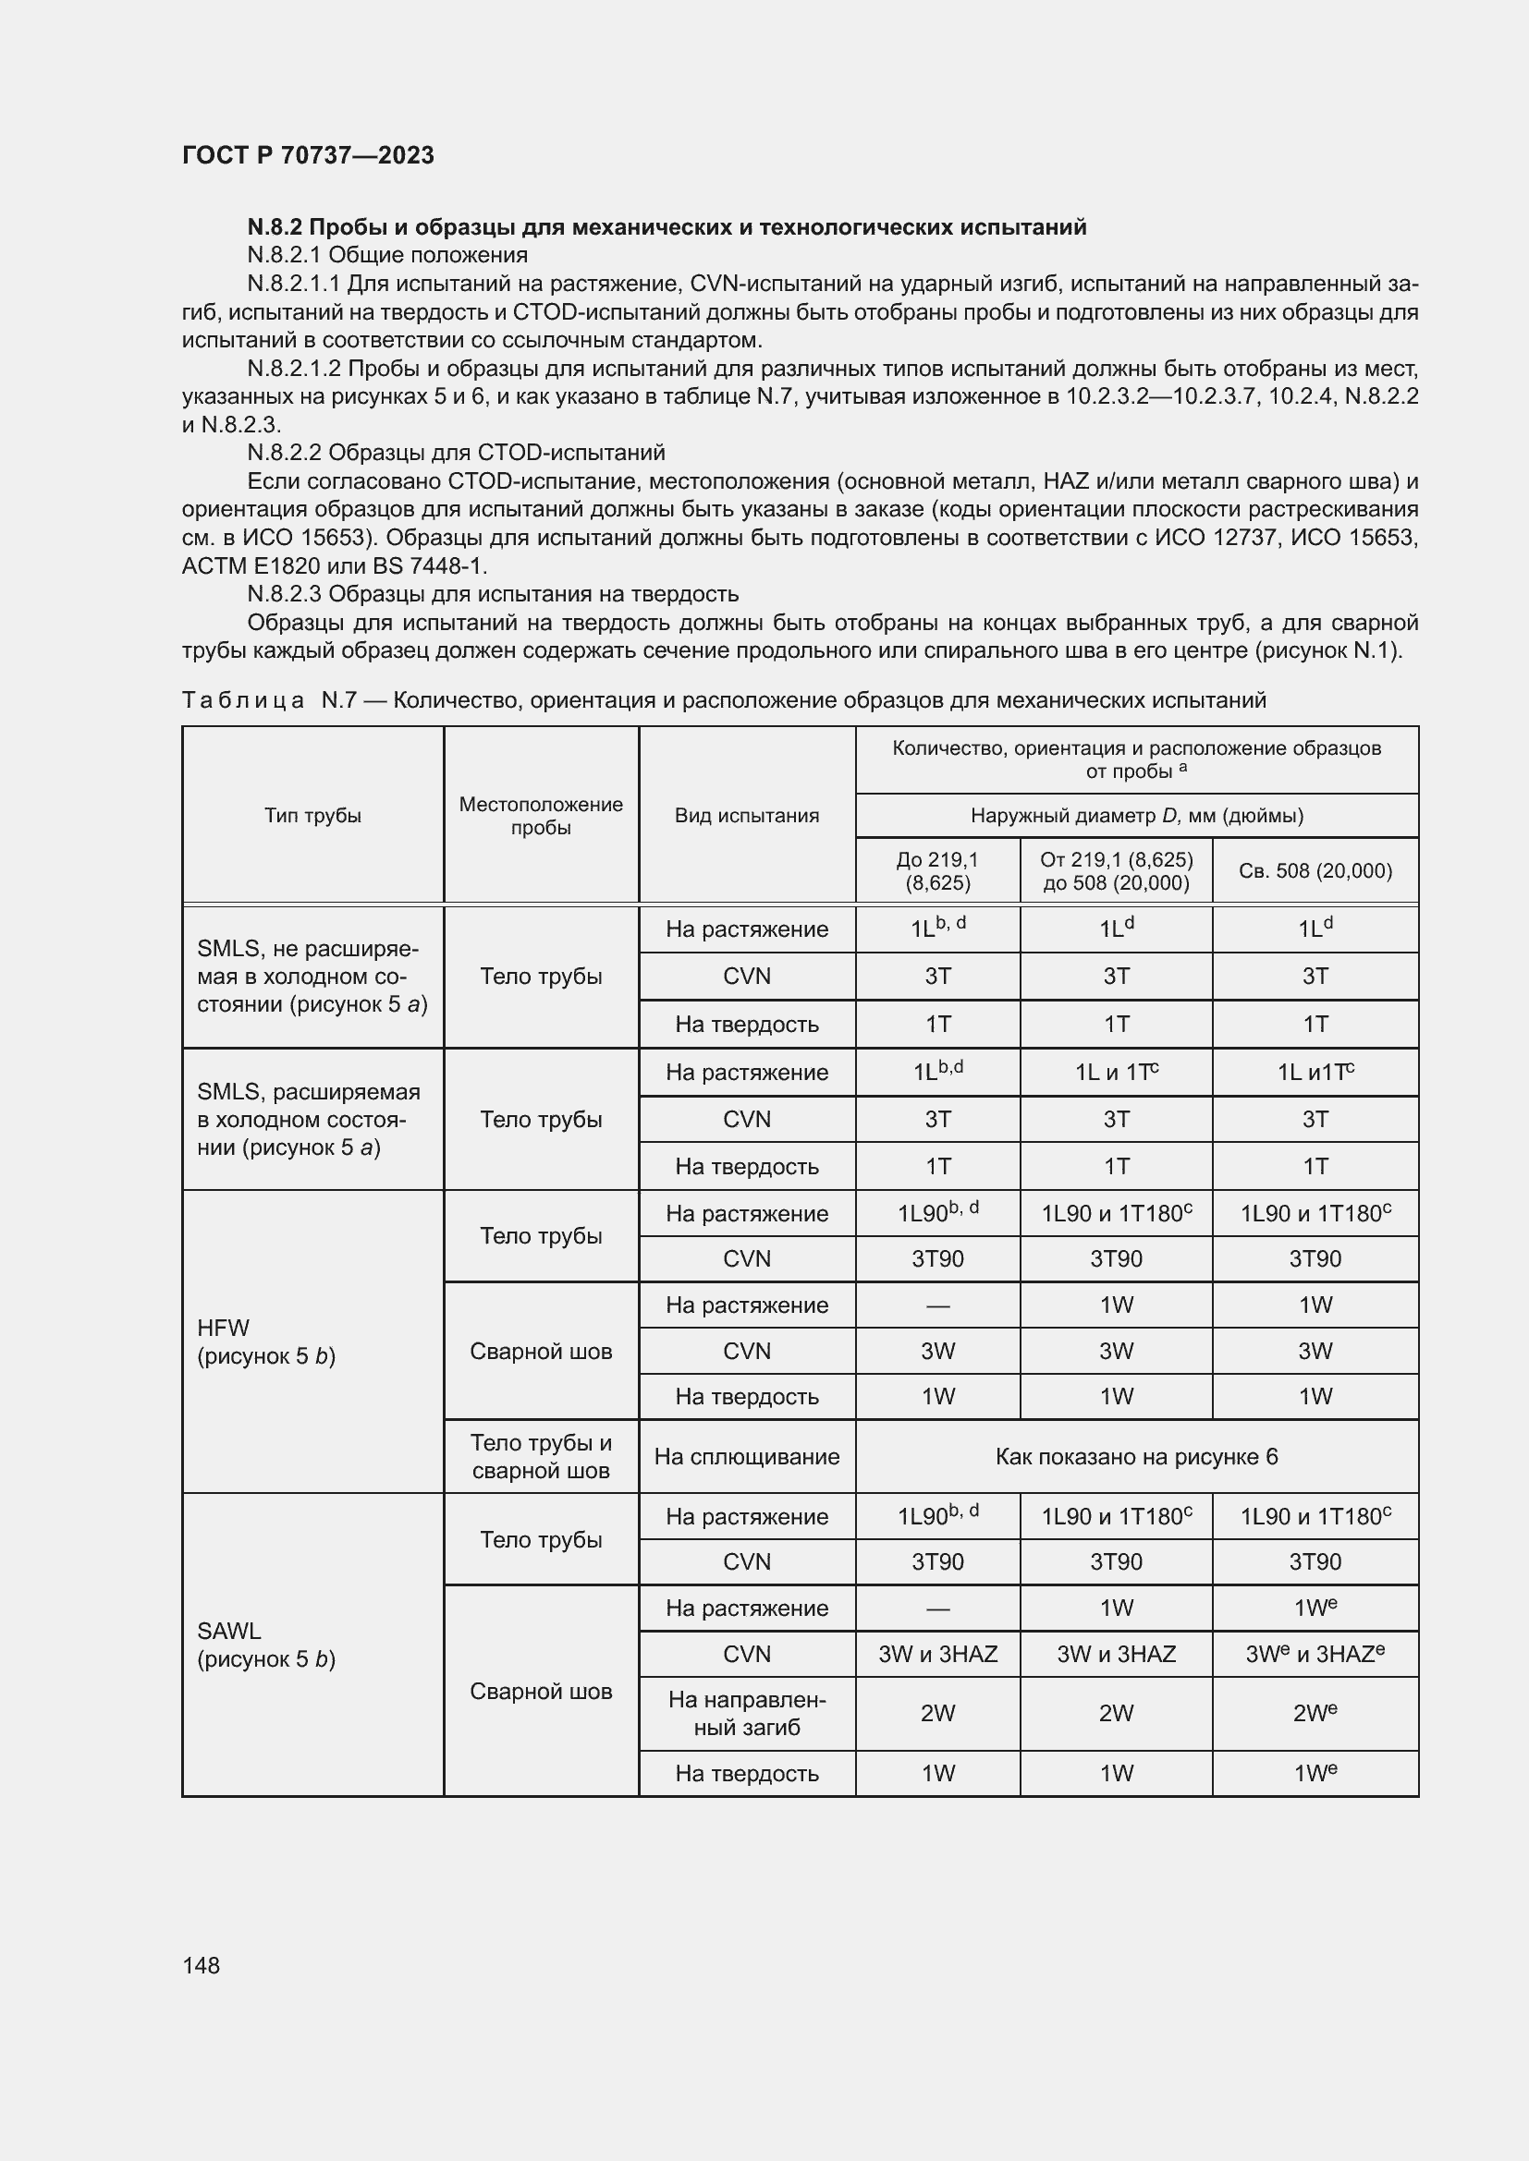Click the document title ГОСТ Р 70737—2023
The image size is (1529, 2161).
pyautogui.click(x=308, y=155)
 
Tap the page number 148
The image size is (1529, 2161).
pyautogui.click(x=201, y=1965)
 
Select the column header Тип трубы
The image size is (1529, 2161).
pyautogui.click(x=312, y=815)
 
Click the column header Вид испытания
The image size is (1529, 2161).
pyautogui.click(x=747, y=815)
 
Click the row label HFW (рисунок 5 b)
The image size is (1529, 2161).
pyautogui.click(x=266, y=1342)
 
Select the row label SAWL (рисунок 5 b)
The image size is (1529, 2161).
pyautogui.click(x=266, y=1645)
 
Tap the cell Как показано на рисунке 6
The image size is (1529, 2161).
pyautogui.click(x=1136, y=1457)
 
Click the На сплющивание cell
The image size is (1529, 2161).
pyautogui.click(x=747, y=1457)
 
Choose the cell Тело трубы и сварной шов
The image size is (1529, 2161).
pyautogui.click(x=541, y=1457)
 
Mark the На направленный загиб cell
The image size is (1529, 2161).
pyautogui.click(x=747, y=1713)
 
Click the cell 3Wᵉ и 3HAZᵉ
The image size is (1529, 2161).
pyautogui.click(x=1315, y=1654)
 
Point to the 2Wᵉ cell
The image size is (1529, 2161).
pyautogui.click(x=1315, y=1713)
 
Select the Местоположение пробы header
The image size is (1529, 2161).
pyautogui.click(x=541, y=815)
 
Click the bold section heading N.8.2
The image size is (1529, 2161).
pyautogui.click(x=667, y=227)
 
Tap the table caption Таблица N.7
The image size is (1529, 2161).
pyautogui.click(x=723, y=700)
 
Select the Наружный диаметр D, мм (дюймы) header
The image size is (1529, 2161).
pyautogui.click(x=1136, y=815)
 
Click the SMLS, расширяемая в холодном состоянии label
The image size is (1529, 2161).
pyautogui.click(x=309, y=1119)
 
